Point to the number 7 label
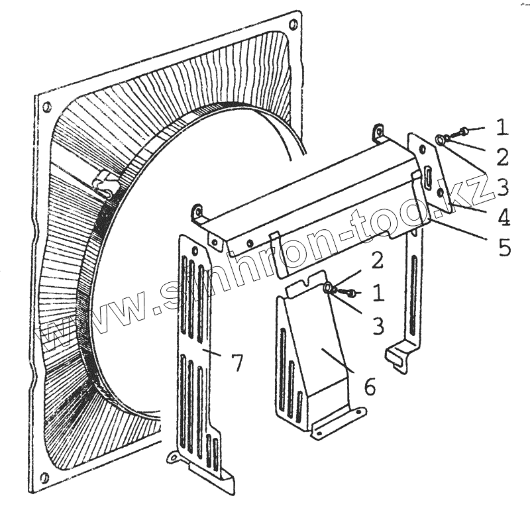point(236,362)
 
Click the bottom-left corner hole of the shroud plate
point(44,478)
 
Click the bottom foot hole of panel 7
point(174,456)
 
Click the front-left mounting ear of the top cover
point(197,211)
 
